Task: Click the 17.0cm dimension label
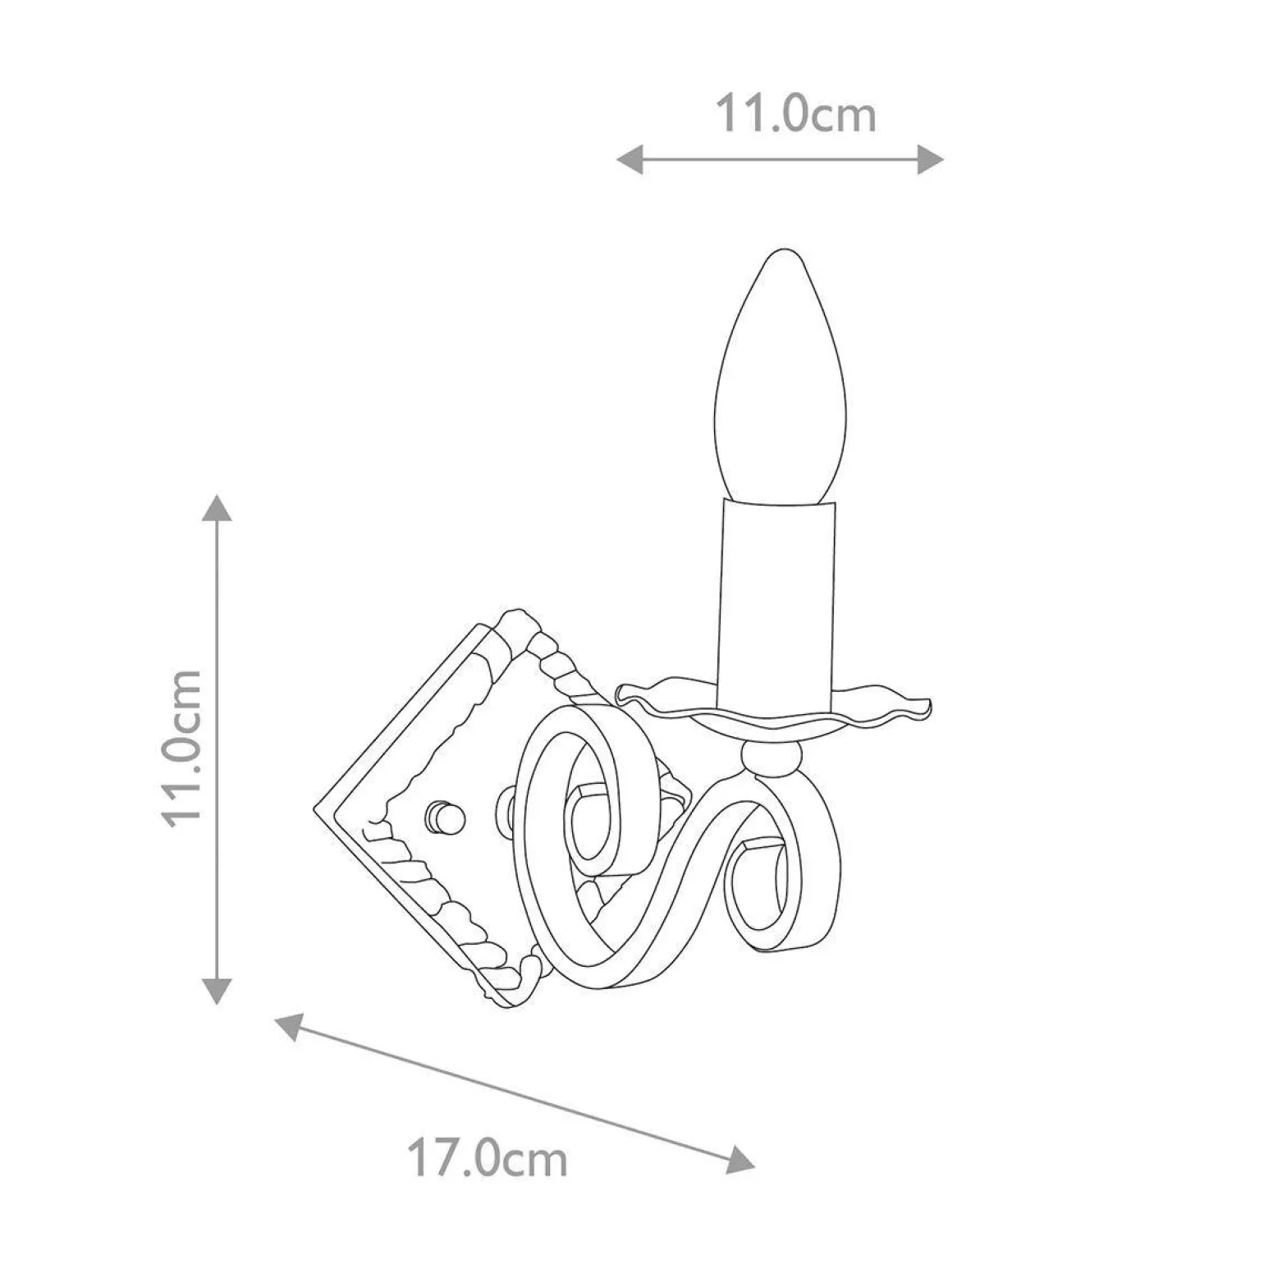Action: tap(487, 1161)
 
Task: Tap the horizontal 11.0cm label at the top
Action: tap(796, 113)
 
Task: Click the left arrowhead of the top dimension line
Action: tap(630, 159)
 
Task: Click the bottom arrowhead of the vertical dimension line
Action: tap(217, 991)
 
